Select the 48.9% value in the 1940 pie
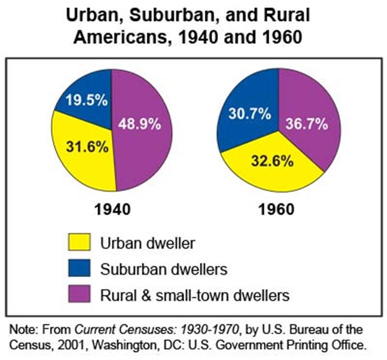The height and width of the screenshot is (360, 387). coord(139,124)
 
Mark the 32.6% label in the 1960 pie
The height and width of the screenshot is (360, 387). coord(273,160)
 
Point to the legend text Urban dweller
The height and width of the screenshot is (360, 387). coord(148,242)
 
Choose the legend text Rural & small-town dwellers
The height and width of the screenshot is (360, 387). coord(194,295)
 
